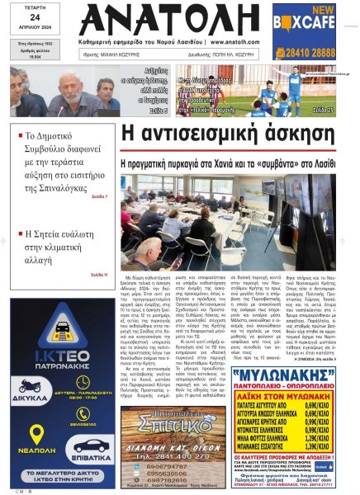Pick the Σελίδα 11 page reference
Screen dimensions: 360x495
99,273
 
